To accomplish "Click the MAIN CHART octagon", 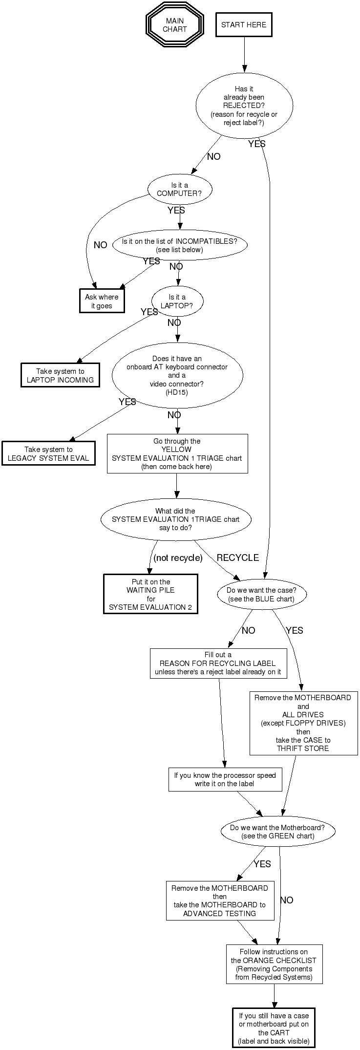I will click(x=174, y=25).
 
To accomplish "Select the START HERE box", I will click(x=244, y=25).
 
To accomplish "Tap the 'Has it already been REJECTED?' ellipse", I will click(x=244, y=106).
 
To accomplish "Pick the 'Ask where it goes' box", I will click(x=102, y=301).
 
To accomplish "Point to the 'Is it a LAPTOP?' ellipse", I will click(x=177, y=301).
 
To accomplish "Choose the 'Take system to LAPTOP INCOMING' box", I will click(x=60, y=375).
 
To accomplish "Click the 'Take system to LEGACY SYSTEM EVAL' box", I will click(x=48, y=453).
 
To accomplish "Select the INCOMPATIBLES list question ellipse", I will click(x=180, y=245).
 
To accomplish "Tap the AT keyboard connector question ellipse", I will click(x=177, y=375).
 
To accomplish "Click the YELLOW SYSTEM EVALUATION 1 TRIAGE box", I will click(x=177, y=453).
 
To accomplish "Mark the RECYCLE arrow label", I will click(x=237, y=557).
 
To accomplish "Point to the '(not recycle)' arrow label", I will click(x=178, y=557).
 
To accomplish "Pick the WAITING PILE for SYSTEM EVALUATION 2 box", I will click(x=150, y=594).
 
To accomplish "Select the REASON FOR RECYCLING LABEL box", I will click(x=218, y=663).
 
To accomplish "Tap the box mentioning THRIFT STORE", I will click(x=303, y=723).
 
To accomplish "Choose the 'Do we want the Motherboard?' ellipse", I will click(x=277, y=832).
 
